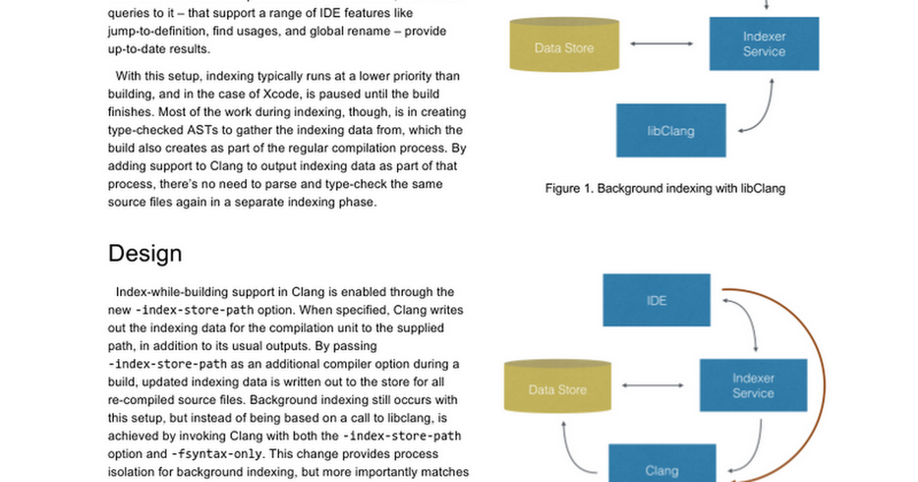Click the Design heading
tap(145, 253)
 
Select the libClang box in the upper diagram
tap(670, 130)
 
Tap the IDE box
tap(656, 300)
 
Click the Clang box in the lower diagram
tap(661, 467)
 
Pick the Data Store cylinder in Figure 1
tap(564, 47)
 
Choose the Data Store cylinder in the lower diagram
tap(557, 389)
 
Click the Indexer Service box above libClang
tap(763, 44)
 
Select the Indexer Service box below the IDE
tap(753, 386)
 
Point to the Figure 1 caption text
tap(665, 187)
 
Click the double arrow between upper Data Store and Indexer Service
tap(662, 44)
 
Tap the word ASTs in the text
tap(205, 130)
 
